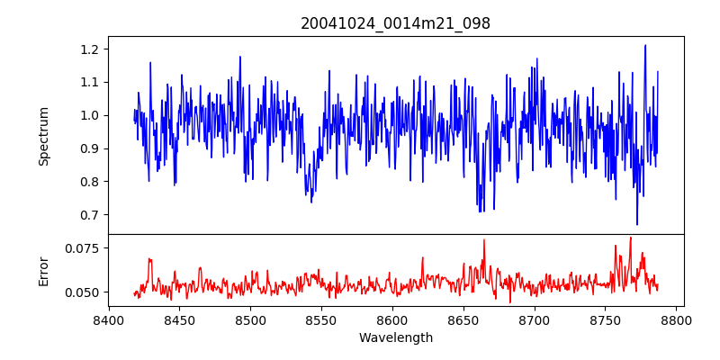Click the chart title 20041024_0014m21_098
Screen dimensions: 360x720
point(395,23)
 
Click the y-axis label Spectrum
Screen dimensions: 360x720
point(44,136)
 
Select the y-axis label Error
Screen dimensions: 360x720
point(44,270)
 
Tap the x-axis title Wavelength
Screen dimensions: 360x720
point(395,338)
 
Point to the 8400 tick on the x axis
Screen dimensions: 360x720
point(108,319)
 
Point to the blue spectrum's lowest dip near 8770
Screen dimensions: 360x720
point(637,224)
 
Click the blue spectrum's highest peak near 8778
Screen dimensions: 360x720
point(645,45)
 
